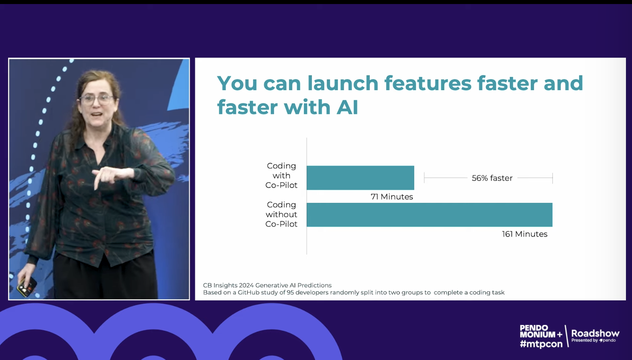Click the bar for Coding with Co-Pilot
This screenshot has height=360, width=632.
click(360, 178)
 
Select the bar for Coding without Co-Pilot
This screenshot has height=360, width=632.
click(430, 215)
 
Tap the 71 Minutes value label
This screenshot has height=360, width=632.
click(392, 197)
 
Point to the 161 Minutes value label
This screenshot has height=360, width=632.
click(525, 234)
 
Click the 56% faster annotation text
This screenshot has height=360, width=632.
click(492, 178)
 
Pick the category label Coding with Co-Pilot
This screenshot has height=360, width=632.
click(281, 176)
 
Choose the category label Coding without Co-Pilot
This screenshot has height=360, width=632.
click(281, 214)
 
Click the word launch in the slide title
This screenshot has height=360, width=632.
click(343, 83)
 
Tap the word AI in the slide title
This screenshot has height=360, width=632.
click(347, 107)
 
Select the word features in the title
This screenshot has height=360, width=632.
click(428, 83)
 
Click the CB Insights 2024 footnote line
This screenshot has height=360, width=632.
click(267, 285)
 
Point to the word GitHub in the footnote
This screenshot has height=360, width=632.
click(248, 292)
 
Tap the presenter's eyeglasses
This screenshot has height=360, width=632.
click(97, 99)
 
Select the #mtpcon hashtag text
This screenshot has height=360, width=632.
click(541, 344)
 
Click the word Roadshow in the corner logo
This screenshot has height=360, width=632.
click(595, 333)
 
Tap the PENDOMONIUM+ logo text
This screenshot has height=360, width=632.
click(541, 331)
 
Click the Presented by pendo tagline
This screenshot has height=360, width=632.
click(594, 341)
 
